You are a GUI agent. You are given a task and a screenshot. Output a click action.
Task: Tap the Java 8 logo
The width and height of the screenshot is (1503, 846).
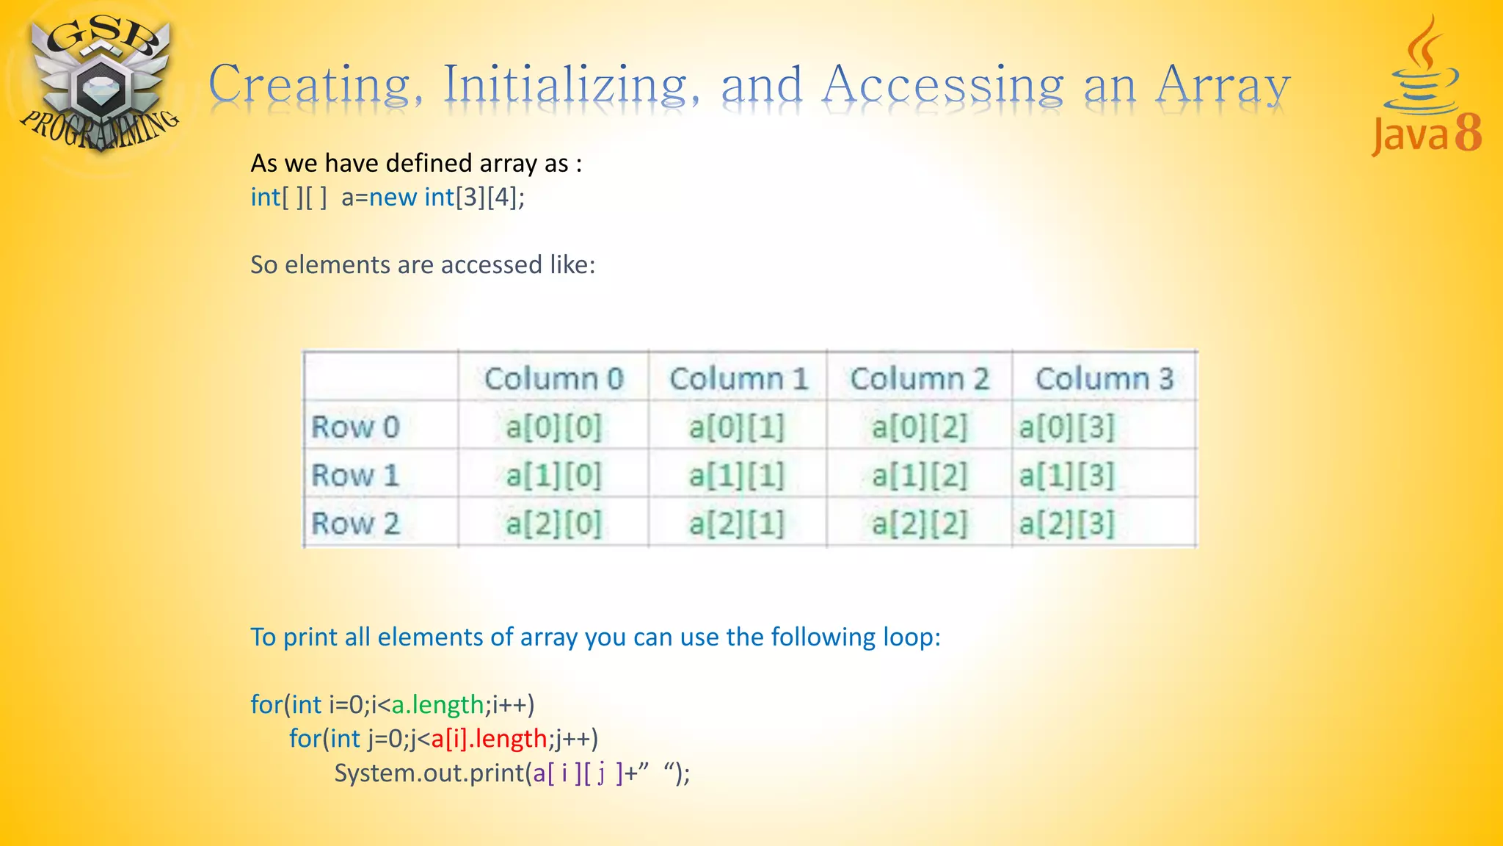tap(1426, 88)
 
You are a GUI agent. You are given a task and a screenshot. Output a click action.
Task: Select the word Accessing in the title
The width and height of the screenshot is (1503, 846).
tap(942, 84)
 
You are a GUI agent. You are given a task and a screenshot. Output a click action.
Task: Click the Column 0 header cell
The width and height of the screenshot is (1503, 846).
tap(553, 379)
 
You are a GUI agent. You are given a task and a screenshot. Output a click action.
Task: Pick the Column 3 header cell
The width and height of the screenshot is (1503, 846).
tap(1104, 379)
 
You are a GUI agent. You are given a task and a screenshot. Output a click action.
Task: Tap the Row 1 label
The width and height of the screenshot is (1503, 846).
tap(355, 475)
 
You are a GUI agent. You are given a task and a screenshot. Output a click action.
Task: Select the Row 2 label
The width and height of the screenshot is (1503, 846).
tap(355, 524)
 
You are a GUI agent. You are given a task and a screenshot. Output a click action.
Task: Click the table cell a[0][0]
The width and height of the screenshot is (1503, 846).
tap(553, 427)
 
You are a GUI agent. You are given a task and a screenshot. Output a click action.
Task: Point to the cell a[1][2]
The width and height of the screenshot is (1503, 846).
tap(919, 475)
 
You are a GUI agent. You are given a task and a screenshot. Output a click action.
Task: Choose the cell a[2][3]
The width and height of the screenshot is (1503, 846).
tap(1066, 524)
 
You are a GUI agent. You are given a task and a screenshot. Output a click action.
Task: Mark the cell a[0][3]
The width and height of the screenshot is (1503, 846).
tap(1066, 427)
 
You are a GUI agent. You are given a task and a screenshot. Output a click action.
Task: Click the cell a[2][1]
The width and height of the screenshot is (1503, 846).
tap(736, 524)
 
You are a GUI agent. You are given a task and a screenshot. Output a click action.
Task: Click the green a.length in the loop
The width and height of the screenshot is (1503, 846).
tap(437, 704)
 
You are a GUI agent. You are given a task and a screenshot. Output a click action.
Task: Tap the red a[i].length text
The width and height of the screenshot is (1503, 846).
tap(489, 738)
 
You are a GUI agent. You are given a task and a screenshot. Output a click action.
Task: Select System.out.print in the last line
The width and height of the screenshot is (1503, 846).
tap(429, 773)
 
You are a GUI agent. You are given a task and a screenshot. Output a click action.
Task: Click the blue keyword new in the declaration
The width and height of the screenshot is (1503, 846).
tap(393, 197)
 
